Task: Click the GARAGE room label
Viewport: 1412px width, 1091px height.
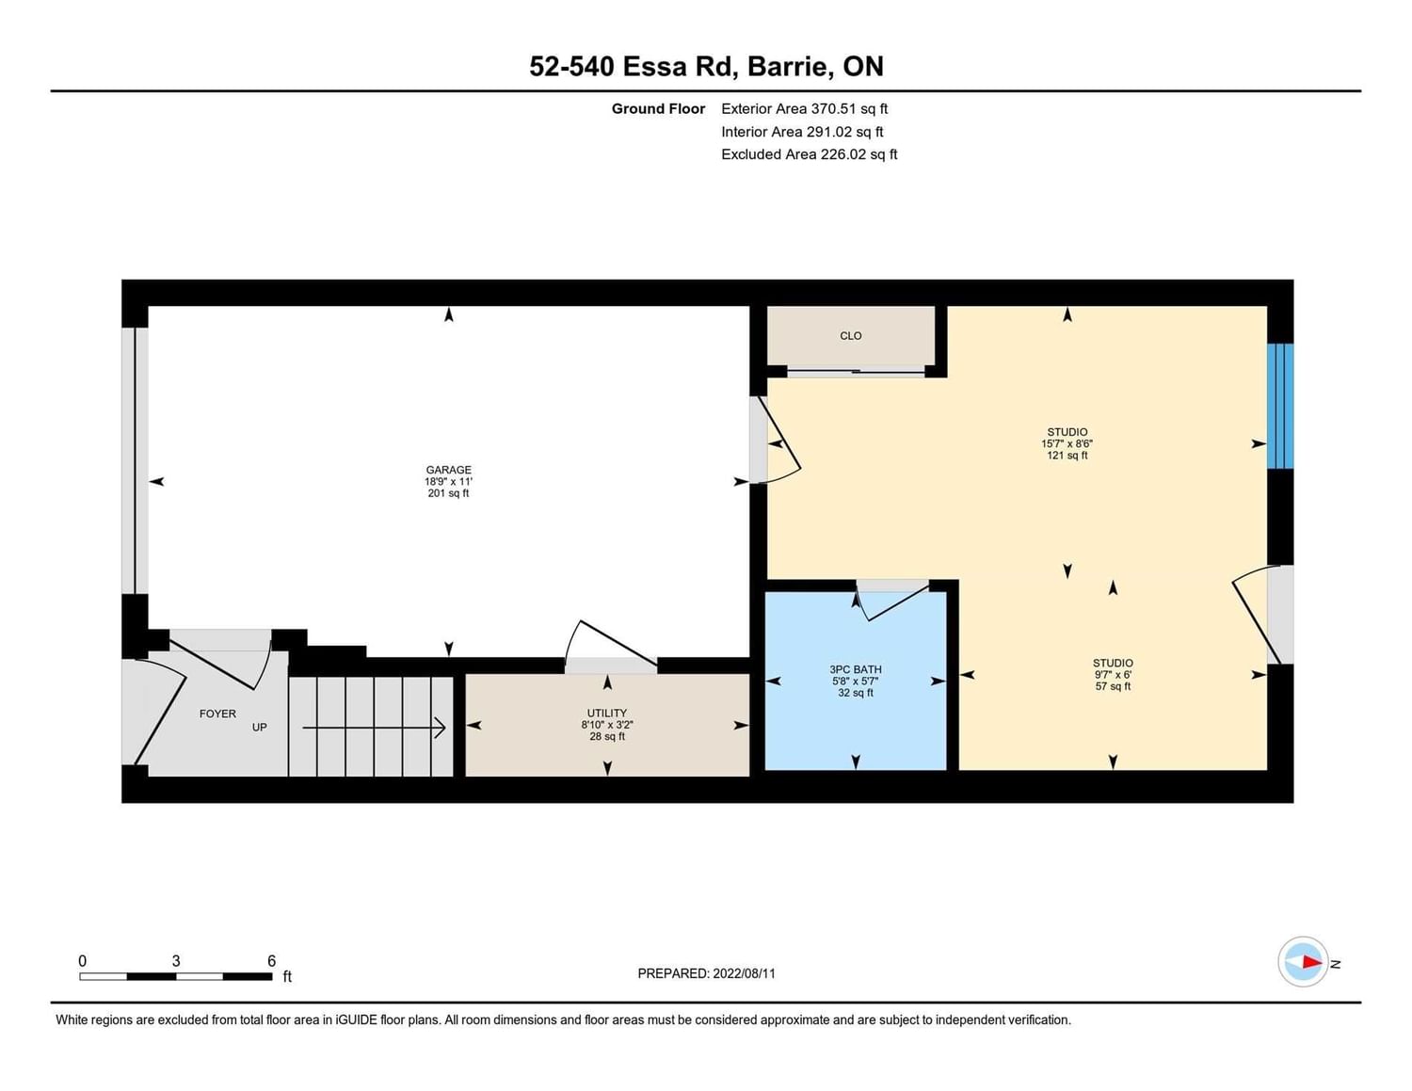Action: (x=448, y=470)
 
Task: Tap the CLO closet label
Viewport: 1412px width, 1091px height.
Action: (x=851, y=336)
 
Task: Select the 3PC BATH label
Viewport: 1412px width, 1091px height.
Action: (x=855, y=669)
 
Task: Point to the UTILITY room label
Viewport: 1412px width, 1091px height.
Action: (x=607, y=713)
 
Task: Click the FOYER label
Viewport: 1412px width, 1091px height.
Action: (x=217, y=714)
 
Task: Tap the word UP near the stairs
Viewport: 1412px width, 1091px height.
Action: (x=259, y=727)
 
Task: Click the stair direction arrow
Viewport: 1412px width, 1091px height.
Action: (x=375, y=728)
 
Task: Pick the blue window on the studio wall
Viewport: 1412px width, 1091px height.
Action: (x=1280, y=406)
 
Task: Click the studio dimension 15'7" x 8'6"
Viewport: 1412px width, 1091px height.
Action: (x=1067, y=443)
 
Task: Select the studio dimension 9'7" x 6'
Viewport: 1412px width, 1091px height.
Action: (x=1113, y=675)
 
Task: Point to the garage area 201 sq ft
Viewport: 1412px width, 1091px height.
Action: (x=448, y=493)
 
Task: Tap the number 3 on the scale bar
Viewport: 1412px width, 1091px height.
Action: (x=175, y=961)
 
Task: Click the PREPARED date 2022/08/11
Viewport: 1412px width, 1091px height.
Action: (x=744, y=973)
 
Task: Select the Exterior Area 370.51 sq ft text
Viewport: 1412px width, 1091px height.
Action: (x=805, y=108)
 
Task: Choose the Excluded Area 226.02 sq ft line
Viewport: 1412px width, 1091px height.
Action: (x=809, y=154)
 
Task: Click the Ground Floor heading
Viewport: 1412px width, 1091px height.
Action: (x=658, y=108)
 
